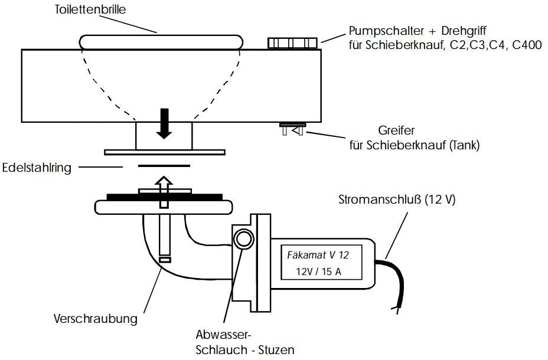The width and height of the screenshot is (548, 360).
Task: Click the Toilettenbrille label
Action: point(90,9)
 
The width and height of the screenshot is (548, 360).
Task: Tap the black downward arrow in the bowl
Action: point(164,123)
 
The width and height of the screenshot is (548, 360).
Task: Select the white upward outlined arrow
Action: point(164,192)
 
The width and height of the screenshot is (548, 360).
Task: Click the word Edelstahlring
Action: point(37,168)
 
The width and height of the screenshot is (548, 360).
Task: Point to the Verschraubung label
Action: point(96,319)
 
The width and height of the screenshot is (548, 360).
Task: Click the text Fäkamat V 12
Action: point(318,255)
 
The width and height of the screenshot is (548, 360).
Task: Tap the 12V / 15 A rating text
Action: point(318,271)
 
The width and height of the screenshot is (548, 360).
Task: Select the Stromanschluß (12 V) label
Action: point(397,199)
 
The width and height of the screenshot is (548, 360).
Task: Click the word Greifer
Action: point(396,130)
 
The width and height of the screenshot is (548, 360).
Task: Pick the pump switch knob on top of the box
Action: point(292,43)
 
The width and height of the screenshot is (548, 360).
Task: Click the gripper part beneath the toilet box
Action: point(293,129)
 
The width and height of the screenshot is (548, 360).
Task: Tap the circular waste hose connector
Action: point(244,239)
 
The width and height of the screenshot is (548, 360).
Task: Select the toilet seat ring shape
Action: point(161,42)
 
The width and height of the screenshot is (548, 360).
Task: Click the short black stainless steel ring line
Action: point(164,166)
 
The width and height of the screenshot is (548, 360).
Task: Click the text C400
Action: point(527,45)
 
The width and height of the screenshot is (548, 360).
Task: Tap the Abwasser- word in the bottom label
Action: point(224,335)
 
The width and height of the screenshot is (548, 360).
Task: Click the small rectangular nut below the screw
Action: point(165,260)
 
